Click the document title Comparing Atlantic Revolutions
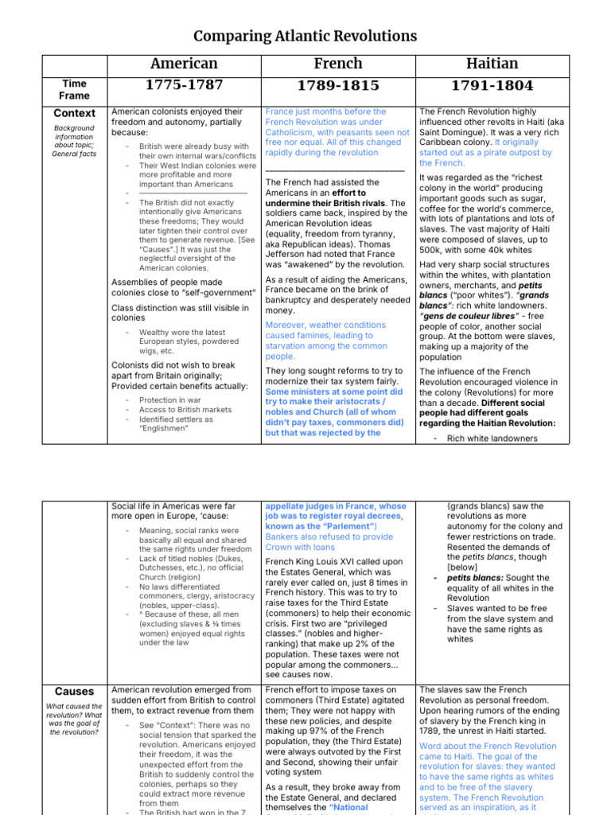coord(305,36)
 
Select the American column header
coord(183,64)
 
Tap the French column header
coord(338,64)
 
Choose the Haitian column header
coord(492,64)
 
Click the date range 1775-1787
coord(183,85)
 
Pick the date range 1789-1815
coord(338,86)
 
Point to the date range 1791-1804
coord(492,86)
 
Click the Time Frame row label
coord(74,89)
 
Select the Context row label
coord(74,114)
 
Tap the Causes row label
coord(74,692)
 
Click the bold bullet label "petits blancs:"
coord(477,578)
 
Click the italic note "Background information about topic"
coord(74,137)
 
